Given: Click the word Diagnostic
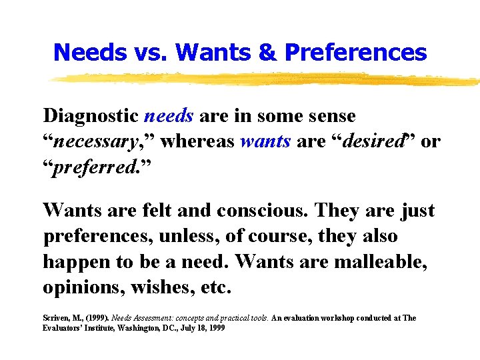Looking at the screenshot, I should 91,116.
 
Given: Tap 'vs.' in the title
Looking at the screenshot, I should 146,51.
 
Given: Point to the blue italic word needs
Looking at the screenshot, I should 169,116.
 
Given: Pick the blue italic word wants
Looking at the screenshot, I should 265,141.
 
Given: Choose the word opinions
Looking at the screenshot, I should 84,288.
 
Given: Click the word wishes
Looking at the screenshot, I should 164,288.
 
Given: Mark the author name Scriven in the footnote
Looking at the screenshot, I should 58,318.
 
